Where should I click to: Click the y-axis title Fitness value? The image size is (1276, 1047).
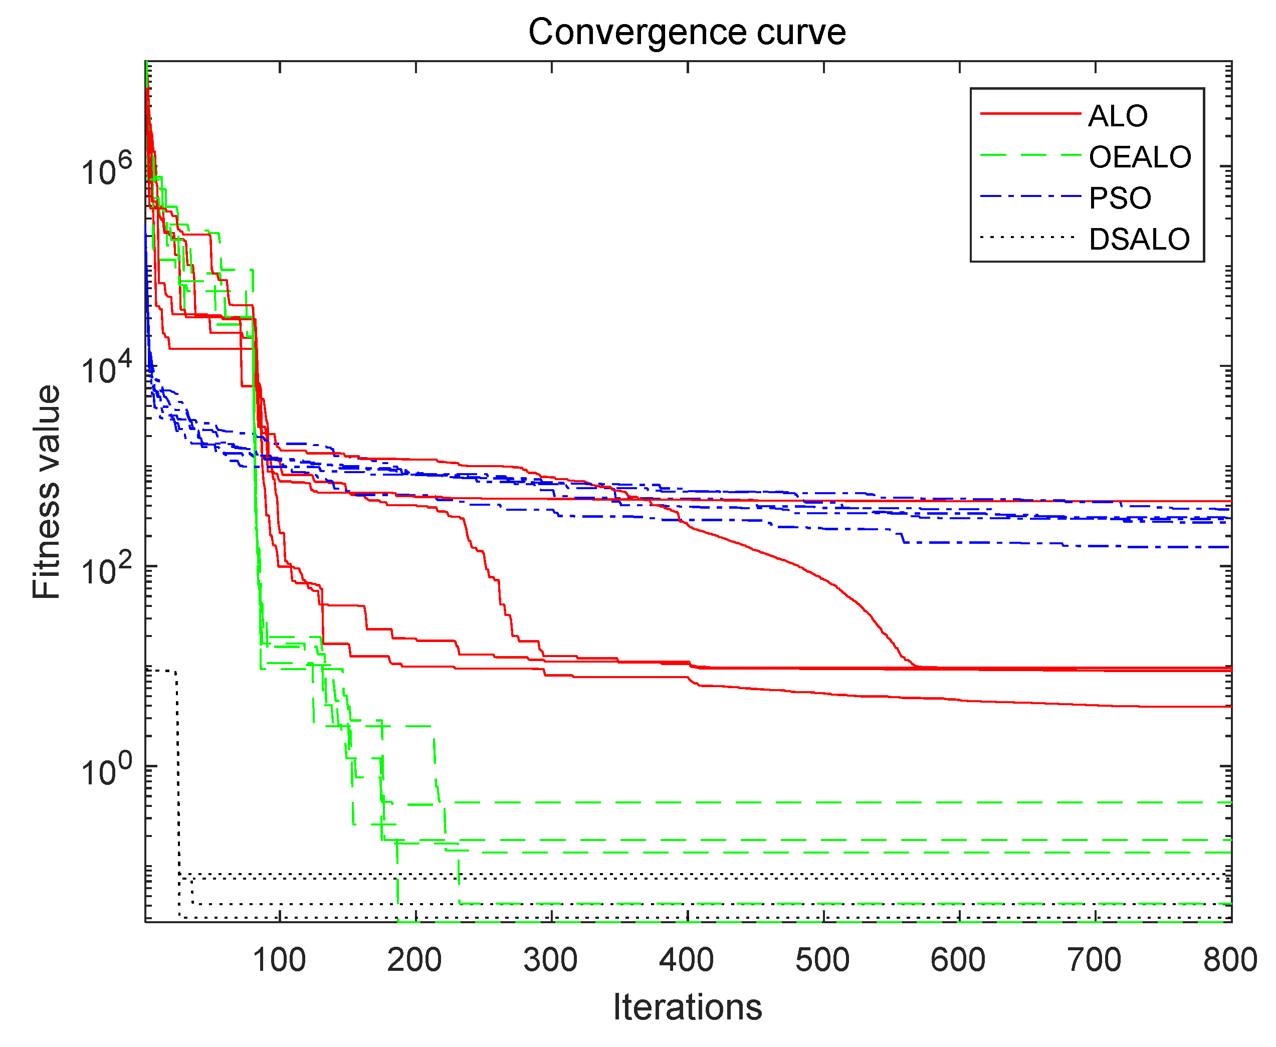[47, 492]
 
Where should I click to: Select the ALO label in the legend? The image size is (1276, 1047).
[1118, 116]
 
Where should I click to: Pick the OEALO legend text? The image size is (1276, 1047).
[1139, 157]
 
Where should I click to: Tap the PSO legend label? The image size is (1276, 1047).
[1120, 198]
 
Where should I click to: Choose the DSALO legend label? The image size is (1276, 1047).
[1139, 240]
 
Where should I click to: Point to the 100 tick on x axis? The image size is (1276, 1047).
[279, 960]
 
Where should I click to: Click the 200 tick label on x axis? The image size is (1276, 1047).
[414, 960]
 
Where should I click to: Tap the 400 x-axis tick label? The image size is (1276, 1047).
[686, 960]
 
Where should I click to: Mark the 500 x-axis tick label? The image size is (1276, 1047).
[822, 960]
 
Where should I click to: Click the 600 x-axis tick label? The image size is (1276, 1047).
[958, 960]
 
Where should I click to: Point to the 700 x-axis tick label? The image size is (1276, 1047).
[1094, 960]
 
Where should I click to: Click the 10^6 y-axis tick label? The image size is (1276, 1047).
[106, 170]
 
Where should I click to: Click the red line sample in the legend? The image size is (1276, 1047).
[1030, 113]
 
